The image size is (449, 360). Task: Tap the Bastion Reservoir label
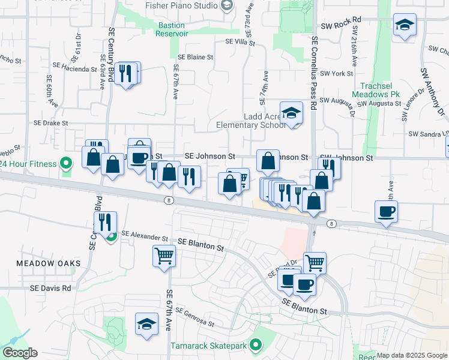pos(172,29)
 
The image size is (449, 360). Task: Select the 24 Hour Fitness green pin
pos(66,164)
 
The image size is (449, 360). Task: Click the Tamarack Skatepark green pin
pos(257,346)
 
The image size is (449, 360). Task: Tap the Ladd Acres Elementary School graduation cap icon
pos(291,113)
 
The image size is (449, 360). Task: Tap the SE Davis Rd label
pos(50,288)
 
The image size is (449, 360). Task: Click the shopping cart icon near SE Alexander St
pos(164,256)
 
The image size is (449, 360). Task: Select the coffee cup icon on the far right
pos(386,211)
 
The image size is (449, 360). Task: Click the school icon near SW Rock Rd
pos(405,25)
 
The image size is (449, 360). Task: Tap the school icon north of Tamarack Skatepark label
pos(146,325)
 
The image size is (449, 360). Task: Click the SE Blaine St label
pos(194,57)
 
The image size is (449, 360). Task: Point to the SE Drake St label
pos(50,122)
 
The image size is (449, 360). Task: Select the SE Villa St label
pos(240,43)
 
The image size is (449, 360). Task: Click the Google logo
pos(20,353)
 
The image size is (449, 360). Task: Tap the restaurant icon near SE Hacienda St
pos(125,74)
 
